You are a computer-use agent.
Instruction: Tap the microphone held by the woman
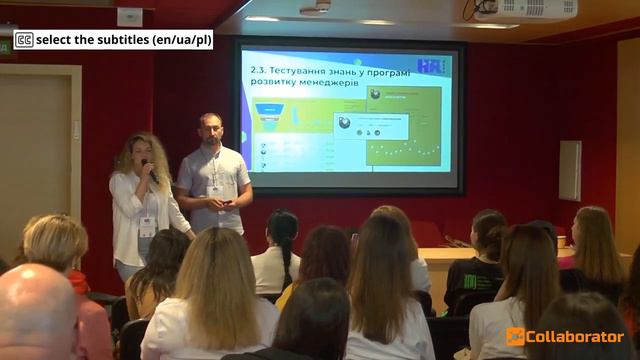pos(150,171)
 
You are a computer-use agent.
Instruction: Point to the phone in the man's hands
pos(227,204)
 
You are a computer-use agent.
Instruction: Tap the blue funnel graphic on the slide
pos(269,110)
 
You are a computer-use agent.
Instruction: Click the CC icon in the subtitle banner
pos(24,40)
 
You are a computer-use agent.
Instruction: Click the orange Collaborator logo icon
pos(515,336)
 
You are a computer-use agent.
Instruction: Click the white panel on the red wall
pos(569,170)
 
